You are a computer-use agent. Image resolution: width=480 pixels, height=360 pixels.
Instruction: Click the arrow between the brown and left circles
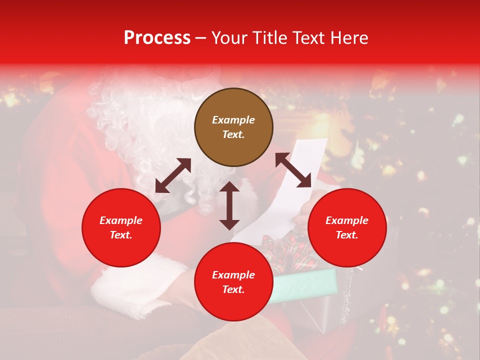(x=173, y=175)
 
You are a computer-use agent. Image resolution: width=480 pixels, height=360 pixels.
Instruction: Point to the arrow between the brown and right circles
(x=293, y=170)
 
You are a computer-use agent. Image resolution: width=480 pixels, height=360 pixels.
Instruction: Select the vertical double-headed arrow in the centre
(x=229, y=205)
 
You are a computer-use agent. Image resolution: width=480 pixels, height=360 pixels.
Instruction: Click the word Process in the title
(x=157, y=38)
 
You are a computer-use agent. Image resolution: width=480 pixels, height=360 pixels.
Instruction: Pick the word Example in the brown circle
(x=233, y=120)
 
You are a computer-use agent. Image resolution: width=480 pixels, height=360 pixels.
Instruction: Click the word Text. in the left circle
(x=121, y=235)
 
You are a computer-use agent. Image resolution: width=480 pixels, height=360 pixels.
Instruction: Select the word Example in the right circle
(x=347, y=220)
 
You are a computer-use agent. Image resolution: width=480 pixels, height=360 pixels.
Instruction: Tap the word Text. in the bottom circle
(x=233, y=289)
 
